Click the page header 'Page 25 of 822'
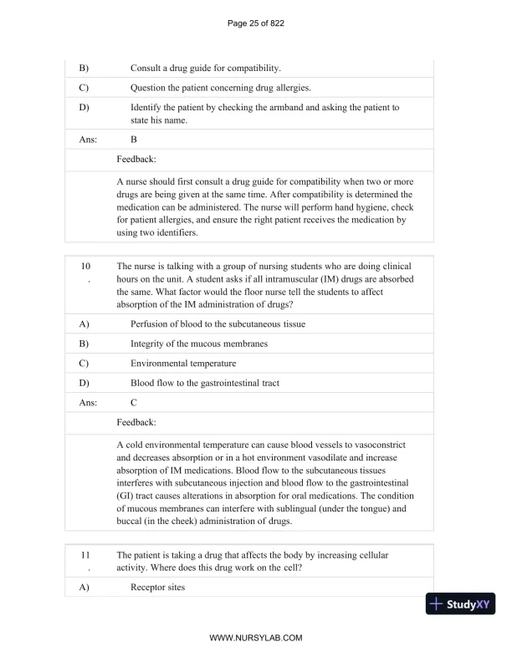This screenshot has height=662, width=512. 256,23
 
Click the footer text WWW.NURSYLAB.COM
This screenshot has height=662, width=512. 255,638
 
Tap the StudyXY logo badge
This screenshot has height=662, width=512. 460,603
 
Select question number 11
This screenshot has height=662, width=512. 85,554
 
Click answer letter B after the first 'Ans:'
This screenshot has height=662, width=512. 134,140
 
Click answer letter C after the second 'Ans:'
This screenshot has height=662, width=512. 134,402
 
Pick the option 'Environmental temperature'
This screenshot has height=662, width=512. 183,364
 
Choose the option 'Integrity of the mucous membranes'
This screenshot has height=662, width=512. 199,344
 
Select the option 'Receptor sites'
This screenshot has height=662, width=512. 157,588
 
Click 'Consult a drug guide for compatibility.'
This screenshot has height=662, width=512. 206,67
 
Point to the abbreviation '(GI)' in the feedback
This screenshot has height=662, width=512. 127,495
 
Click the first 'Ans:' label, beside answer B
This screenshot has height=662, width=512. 88,140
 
